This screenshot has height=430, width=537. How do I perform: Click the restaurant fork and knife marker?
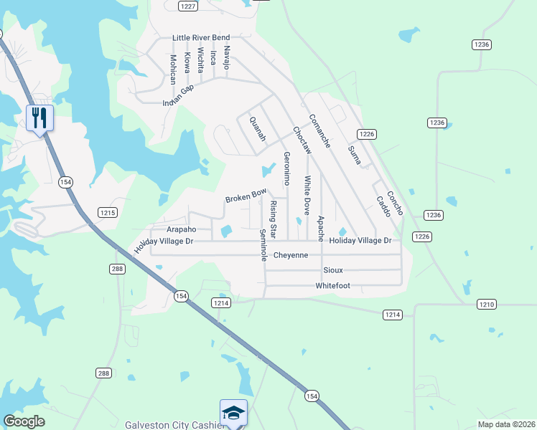point(39,118)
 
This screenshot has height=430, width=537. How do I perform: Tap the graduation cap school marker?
point(233,414)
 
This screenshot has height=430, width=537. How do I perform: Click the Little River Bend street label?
point(201,37)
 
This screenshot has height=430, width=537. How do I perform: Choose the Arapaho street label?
point(181,229)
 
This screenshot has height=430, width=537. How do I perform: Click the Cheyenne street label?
point(291,255)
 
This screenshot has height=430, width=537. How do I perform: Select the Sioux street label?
point(332,270)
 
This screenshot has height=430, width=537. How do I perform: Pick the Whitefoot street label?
point(332,285)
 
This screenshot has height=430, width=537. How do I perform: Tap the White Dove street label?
point(307,196)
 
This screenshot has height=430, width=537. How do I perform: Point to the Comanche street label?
point(319,131)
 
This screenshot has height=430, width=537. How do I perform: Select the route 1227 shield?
point(189,6)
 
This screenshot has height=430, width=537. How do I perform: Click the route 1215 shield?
point(108,213)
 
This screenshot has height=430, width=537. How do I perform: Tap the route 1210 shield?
point(486,305)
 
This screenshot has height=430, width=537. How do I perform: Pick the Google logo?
point(24,421)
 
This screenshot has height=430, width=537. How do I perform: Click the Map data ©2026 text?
point(506,424)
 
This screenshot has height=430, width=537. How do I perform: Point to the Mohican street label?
point(173,69)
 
